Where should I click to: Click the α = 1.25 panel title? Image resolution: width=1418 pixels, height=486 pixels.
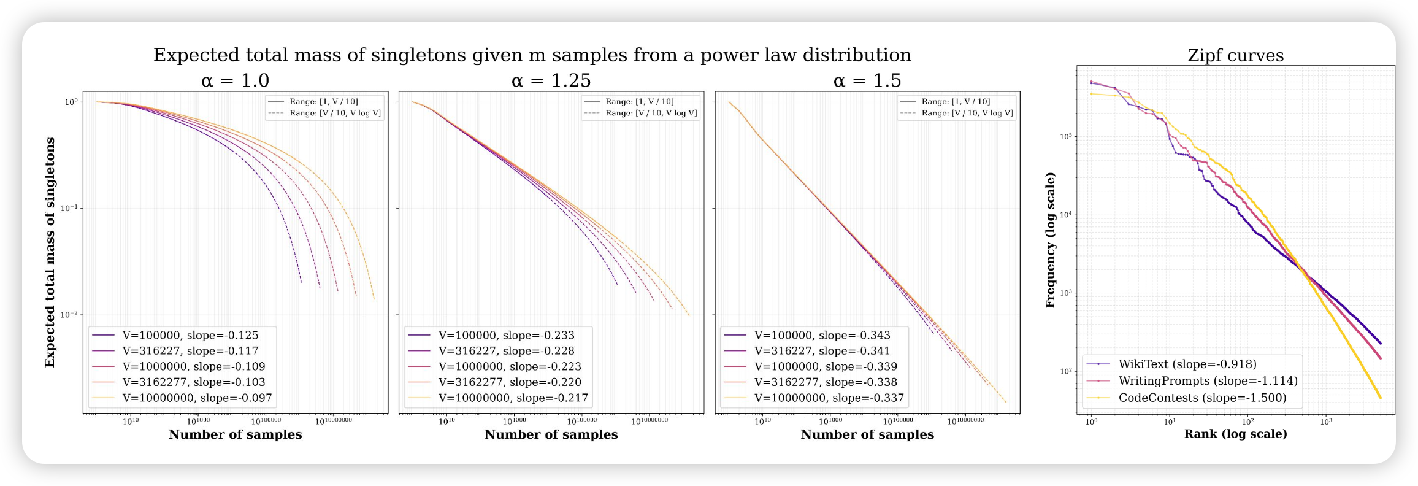[x=551, y=80]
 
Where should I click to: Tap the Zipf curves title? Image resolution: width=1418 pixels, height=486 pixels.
[x=1235, y=56]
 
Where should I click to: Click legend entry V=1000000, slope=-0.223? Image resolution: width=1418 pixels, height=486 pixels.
[x=510, y=366]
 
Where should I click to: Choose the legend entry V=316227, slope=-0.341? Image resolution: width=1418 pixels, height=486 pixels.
[x=822, y=351]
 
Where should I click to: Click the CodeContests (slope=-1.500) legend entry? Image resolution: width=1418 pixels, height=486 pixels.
[x=1202, y=398]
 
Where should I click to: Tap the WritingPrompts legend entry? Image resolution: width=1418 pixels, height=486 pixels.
[x=1208, y=381]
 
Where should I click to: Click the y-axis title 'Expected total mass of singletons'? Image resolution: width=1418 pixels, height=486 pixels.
[x=50, y=252]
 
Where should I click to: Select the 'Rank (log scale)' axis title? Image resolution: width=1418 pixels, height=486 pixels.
[x=1235, y=434]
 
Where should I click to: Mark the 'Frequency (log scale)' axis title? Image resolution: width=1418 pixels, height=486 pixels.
[x=1050, y=240]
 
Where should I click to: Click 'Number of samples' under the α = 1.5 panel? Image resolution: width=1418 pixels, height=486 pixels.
[x=867, y=434]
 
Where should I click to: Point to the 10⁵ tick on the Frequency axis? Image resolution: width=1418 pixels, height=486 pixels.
[x=1066, y=136]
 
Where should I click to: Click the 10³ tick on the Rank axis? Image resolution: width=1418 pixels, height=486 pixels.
[x=1326, y=422]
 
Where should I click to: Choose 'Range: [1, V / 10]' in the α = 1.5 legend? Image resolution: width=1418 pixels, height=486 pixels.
[x=956, y=102]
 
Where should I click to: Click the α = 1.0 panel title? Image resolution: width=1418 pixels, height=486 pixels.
[x=235, y=80]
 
